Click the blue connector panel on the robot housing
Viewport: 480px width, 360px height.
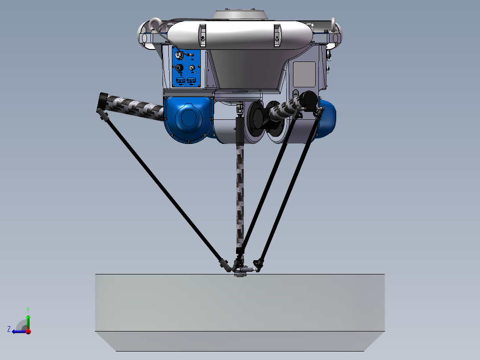[187, 68]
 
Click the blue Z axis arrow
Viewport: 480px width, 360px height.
[18, 331]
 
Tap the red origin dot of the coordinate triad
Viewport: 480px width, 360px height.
[28, 331]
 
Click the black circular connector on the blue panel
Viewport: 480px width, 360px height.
[179, 68]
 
